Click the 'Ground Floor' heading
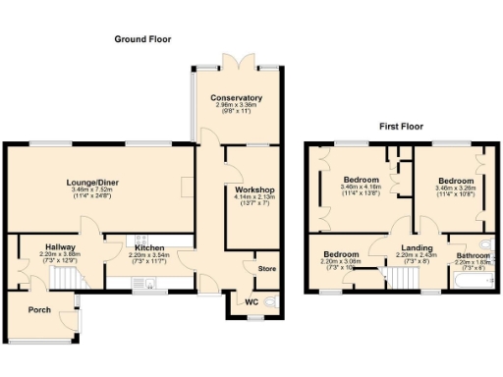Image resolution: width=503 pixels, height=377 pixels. [x=142, y=39]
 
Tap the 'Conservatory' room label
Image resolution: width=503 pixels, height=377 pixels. [x=236, y=98]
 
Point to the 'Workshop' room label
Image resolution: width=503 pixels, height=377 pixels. [x=253, y=189]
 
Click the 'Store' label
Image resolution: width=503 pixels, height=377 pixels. [x=266, y=268]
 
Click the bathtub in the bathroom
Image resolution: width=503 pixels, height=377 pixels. [x=470, y=283]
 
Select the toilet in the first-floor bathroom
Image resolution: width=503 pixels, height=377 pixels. [x=485, y=243]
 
